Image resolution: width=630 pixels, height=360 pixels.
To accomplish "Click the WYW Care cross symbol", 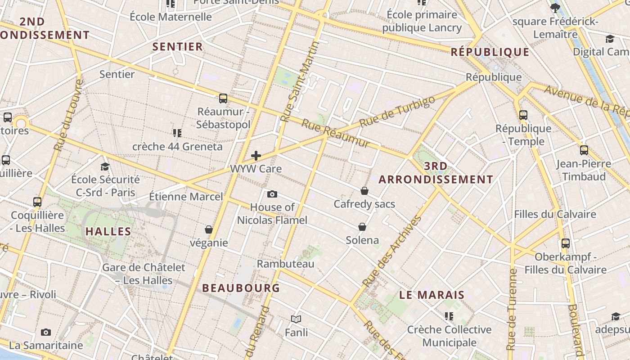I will [x=256, y=156].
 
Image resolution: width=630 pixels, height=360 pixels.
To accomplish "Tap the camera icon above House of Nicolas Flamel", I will [x=272, y=194].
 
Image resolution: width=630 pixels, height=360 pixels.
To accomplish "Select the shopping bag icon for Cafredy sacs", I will [x=364, y=191].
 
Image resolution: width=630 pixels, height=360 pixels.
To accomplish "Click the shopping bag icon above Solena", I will [x=362, y=227].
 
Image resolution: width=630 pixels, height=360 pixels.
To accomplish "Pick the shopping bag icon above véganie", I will [x=209, y=229].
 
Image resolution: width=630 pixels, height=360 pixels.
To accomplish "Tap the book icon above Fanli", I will [x=296, y=319].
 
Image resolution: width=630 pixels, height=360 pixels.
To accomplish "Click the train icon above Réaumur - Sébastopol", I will [x=223, y=98].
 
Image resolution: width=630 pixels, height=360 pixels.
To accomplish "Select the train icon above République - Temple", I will [x=523, y=115].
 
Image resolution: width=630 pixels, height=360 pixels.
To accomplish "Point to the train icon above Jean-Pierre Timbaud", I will [x=584, y=150].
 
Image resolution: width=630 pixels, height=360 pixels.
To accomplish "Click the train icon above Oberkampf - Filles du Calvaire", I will [x=566, y=243].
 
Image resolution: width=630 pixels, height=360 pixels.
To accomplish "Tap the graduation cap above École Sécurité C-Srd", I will [x=105, y=166].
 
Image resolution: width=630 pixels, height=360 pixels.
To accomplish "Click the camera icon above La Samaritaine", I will [x=46, y=332].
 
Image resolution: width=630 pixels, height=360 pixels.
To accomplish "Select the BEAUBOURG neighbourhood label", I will [x=241, y=288].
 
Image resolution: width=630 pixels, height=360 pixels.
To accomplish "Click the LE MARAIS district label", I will [x=432, y=295].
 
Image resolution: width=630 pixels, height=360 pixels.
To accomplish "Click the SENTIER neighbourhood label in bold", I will [x=178, y=47].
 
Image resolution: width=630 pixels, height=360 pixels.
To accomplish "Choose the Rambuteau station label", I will [x=285, y=264].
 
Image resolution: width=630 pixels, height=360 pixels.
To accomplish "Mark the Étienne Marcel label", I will [x=186, y=197].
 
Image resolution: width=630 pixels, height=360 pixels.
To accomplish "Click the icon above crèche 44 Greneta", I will [x=177, y=133].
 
